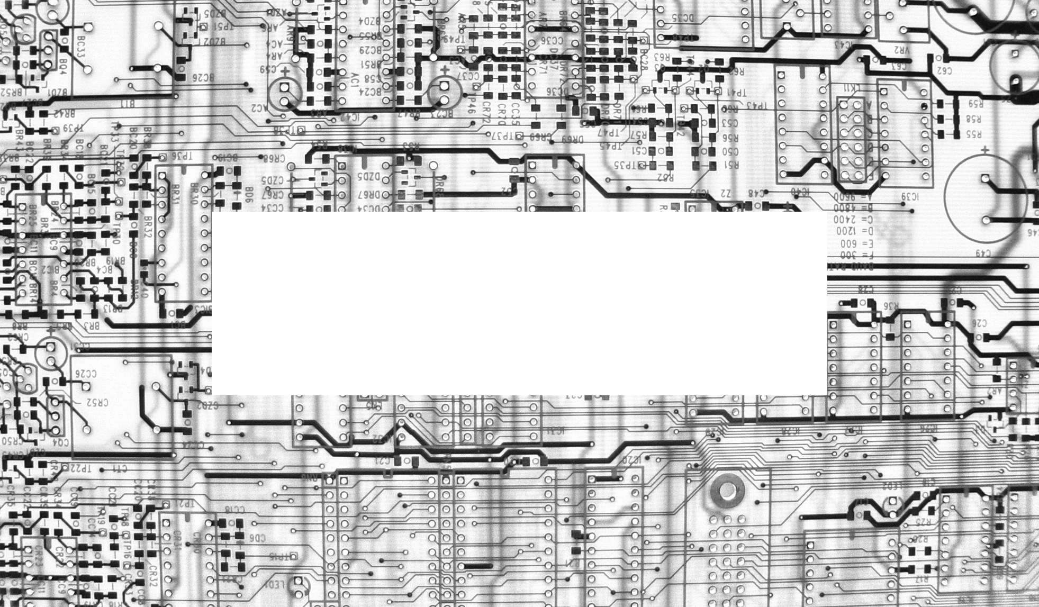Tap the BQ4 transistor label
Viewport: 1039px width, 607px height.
[x=63, y=67]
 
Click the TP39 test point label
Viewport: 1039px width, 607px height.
[x=73, y=128]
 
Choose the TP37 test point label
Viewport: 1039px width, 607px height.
[x=503, y=136]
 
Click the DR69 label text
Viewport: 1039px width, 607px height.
[x=572, y=140]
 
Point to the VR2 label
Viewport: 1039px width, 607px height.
[x=900, y=50]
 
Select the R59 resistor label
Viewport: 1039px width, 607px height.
[x=974, y=104]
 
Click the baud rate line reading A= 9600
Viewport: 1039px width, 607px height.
[x=853, y=197]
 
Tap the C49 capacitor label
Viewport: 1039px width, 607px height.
[x=983, y=253]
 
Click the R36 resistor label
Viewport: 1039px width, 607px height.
[x=891, y=306]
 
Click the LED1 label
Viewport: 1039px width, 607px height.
[x=275, y=585]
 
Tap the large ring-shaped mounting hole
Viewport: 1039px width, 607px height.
[x=727, y=491]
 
